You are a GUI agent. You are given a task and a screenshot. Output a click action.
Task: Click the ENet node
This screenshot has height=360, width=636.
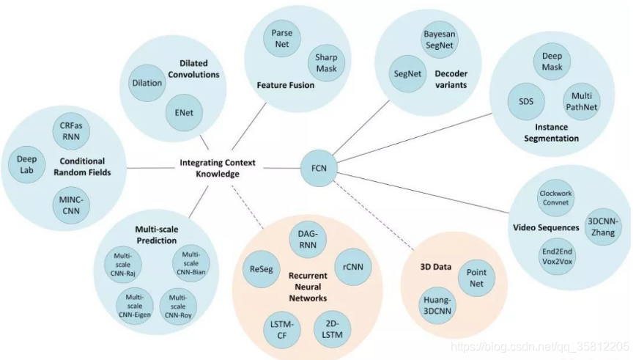point(184,114)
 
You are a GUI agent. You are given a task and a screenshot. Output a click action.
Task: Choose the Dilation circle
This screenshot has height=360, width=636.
point(147,83)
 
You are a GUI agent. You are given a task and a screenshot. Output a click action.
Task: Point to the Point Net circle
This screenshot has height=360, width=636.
point(476,279)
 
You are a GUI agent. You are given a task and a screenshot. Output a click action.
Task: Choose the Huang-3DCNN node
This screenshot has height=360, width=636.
point(439,306)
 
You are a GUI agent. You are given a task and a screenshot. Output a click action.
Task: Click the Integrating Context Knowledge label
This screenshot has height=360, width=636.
point(209,168)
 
